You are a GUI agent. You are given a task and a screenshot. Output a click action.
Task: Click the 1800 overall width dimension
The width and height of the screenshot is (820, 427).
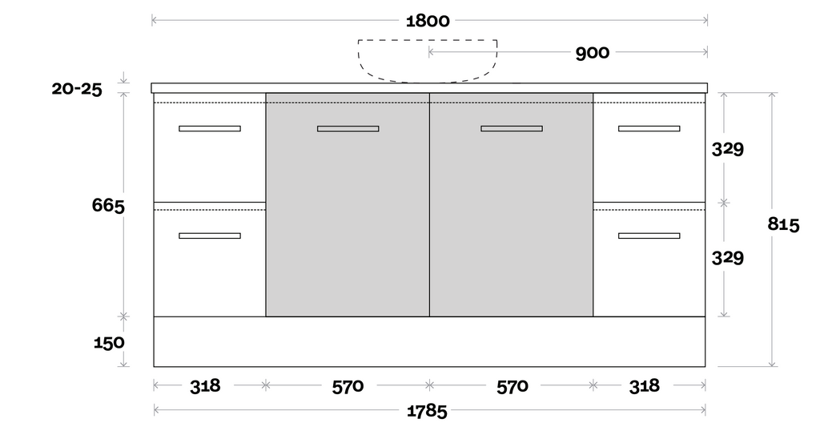tap(428, 21)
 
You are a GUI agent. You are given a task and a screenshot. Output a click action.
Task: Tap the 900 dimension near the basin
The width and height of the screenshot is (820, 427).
tap(592, 54)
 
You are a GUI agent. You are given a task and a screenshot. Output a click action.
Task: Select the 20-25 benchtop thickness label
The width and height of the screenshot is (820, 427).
tap(77, 89)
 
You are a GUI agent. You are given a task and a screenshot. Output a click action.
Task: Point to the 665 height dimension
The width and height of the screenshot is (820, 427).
tap(108, 205)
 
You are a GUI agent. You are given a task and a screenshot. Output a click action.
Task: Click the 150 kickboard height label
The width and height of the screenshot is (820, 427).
tap(109, 343)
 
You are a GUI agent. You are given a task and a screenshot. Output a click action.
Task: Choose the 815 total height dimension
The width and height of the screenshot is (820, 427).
tap(783, 224)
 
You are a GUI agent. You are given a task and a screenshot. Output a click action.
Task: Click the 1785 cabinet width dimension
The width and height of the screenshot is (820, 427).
tap(427, 412)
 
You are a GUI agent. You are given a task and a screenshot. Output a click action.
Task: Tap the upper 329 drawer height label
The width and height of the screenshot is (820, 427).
tap(728, 149)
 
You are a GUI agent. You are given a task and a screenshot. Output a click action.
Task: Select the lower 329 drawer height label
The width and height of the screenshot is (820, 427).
tap(728, 258)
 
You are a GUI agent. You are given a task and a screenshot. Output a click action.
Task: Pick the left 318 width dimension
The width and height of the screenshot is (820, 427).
tap(205, 386)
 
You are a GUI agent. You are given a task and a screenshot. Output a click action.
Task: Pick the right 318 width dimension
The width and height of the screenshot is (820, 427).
tap(644, 386)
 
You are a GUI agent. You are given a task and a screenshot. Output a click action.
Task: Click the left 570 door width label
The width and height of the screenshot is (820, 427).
tap(348, 386)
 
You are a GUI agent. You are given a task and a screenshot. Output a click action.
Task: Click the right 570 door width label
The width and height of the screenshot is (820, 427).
tap(512, 386)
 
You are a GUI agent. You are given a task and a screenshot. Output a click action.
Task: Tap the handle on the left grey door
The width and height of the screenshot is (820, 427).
tap(348, 128)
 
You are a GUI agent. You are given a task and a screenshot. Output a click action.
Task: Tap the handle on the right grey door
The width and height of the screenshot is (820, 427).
tap(512, 128)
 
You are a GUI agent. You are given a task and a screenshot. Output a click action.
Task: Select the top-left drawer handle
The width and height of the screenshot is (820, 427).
tap(210, 128)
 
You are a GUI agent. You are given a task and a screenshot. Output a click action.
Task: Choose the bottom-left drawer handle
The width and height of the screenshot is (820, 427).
tap(210, 236)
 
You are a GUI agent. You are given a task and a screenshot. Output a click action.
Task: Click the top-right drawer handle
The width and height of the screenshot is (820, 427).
tap(649, 128)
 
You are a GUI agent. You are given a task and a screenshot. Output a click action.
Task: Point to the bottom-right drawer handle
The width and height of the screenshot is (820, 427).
tap(649, 236)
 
